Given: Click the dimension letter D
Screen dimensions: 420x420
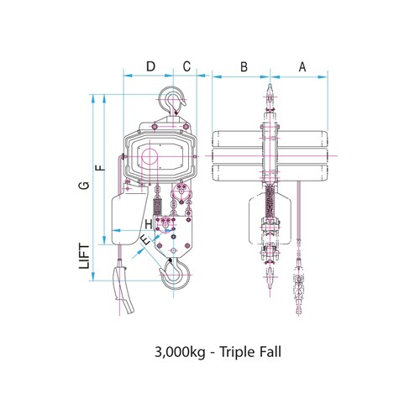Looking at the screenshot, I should click(x=150, y=66).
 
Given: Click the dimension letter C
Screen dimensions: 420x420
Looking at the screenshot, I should click(x=187, y=66).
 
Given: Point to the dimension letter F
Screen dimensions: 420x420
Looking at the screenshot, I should click(x=100, y=168).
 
